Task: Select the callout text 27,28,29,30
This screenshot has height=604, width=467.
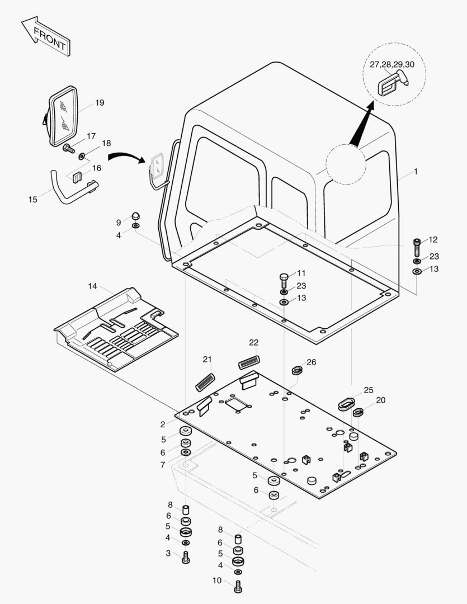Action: click(392, 64)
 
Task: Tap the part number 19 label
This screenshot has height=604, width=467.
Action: click(100, 103)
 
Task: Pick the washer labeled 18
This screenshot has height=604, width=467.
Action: click(83, 155)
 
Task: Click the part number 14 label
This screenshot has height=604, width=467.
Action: click(92, 286)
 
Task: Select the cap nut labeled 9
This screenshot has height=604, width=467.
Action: click(135, 216)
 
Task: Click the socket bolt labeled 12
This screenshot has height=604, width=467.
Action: click(417, 246)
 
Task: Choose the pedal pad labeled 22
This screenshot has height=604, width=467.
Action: click(249, 362)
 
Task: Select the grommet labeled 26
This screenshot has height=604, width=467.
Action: click(298, 370)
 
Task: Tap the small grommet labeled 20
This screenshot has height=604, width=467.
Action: click(358, 413)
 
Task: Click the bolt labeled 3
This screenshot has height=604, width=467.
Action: click(186, 557)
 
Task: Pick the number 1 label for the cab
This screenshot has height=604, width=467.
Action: click(416, 172)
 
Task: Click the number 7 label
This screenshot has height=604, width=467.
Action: click(163, 465)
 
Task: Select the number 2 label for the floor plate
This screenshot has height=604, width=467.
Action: click(163, 424)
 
